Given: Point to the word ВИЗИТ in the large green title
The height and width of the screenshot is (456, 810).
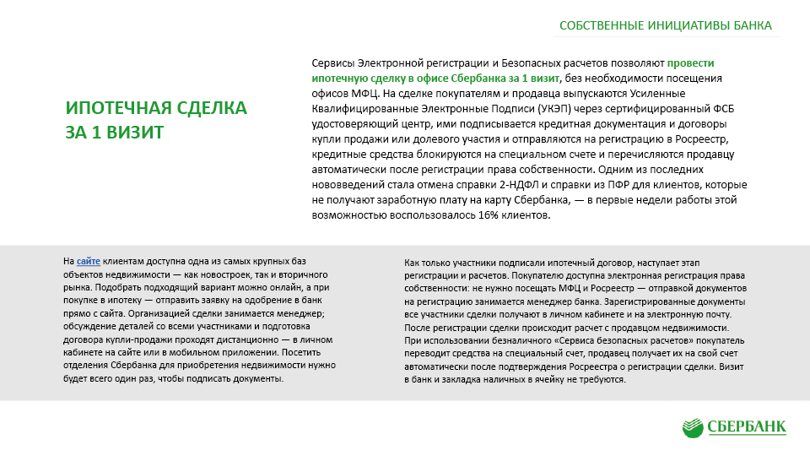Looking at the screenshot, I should (x=134, y=133).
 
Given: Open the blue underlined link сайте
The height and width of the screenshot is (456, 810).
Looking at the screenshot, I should (x=89, y=262).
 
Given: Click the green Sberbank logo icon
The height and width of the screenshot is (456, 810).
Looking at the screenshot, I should (x=693, y=427).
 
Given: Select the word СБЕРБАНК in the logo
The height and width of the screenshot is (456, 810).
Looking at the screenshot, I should (x=746, y=427).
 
